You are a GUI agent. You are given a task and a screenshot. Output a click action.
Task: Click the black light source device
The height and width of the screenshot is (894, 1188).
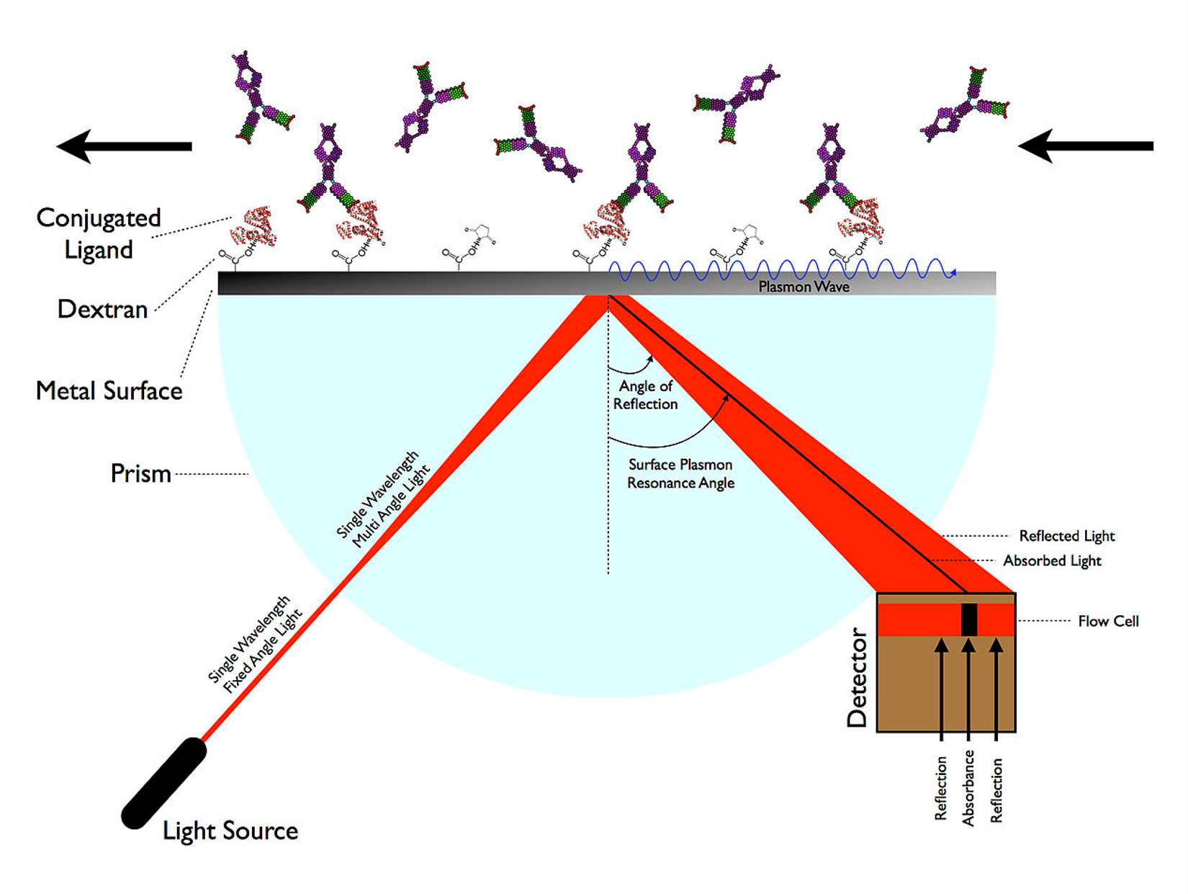tap(164, 783)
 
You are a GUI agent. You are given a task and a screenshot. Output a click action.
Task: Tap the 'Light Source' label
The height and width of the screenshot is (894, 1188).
tap(230, 831)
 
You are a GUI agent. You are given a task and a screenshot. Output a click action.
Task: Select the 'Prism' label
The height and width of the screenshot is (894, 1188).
tap(140, 473)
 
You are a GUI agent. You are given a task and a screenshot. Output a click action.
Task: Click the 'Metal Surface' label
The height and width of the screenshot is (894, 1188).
tap(109, 390)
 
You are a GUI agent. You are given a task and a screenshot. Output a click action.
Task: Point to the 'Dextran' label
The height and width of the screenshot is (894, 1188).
tap(102, 309)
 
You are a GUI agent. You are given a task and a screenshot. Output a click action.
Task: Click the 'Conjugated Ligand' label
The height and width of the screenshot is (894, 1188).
tap(99, 233)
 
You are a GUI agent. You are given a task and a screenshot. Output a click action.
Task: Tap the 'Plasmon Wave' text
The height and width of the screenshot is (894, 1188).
tap(804, 287)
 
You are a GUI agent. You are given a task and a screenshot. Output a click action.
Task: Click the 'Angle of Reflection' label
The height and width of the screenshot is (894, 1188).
tap(645, 395)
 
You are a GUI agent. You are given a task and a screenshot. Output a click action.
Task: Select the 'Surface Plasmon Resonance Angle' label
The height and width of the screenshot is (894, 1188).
tap(680, 473)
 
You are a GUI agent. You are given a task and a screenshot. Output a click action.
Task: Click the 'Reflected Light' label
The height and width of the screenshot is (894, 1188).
tap(1066, 536)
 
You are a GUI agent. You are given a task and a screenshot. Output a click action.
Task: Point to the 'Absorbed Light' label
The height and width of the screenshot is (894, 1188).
tap(1052, 560)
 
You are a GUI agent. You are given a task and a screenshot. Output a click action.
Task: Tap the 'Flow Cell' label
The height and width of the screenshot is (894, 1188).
tap(1108, 621)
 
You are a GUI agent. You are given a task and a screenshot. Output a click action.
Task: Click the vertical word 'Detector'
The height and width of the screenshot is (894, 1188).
tap(857, 677)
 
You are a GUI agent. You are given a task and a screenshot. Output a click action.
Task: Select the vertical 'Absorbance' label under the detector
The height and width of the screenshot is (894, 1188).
tap(968, 787)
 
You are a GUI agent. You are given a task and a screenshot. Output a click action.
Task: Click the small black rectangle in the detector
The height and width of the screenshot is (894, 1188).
tap(969, 620)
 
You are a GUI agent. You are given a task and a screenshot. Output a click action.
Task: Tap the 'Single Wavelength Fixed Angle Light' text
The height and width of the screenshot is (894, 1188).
tap(256, 644)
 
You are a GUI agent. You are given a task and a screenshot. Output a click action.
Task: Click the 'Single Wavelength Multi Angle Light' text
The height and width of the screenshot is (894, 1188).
tap(383, 499)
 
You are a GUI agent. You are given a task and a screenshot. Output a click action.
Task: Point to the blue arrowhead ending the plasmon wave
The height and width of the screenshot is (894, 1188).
tap(953, 272)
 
